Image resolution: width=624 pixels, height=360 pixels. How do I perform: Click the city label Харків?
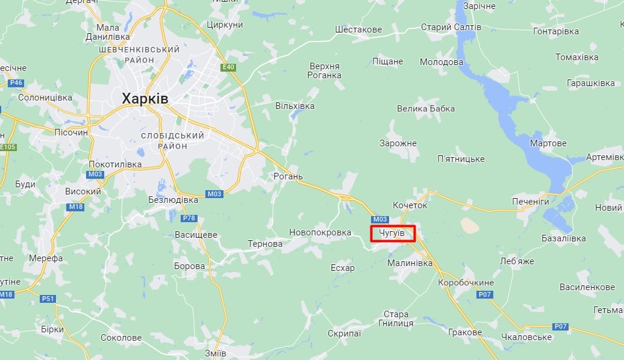[x=145, y=99]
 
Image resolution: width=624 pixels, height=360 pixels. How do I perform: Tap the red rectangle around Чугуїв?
[x=393, y=233]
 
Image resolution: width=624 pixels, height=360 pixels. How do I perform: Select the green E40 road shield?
[x=228, y=67]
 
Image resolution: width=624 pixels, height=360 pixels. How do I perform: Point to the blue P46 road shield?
[x=16, y=82]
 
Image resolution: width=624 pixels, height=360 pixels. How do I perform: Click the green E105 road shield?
[x=8, y=147]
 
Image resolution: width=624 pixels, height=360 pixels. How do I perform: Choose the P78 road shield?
[x=189, y=218]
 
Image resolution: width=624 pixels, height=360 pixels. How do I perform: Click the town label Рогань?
[x=289, y=176]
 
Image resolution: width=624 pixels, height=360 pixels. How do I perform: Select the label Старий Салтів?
[x=451, y=27]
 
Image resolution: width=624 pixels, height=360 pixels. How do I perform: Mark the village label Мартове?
[x=548, y=143]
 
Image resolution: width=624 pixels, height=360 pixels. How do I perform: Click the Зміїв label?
[x=215, y=353]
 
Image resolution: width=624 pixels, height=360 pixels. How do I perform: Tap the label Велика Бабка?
[x=426, y=108]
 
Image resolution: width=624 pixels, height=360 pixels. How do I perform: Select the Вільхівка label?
[x=295, y=106]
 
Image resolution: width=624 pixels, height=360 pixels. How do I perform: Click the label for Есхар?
[x=343, y=267]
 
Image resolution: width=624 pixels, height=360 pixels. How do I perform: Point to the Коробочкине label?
[x=466, y=282]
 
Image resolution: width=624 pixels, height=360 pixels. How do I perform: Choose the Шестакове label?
[x=358, y=29]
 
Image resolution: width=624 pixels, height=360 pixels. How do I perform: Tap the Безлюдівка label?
[x=173, y=199]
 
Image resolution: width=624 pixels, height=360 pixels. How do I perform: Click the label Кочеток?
[x=410, y=205]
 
